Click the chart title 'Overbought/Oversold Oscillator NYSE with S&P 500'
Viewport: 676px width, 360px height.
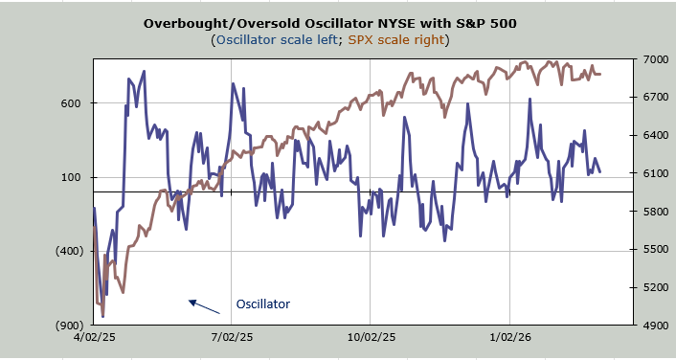click(x=329, y=23)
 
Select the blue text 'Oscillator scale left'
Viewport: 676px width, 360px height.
click(x=277, y=40)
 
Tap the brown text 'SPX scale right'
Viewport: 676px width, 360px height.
click(x=396, y=40)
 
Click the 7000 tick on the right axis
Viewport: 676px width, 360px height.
click(x=653, y=59)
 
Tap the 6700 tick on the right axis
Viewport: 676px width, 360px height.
click(x=653, y=98)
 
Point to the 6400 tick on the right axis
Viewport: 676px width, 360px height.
click(x=653, y=135)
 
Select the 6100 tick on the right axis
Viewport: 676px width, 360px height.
click(x=653, y=173)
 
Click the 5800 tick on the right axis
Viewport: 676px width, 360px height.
click(x=653, y=212)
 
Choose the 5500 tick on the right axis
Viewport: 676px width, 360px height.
click(x=653, y=249)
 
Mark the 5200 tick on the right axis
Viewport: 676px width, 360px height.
click(x=653, y=287)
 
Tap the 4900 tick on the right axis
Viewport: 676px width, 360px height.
click(x=653, y=326)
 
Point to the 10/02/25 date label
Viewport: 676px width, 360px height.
click(x=370, y=337)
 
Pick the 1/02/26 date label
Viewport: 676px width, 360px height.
click(x=509, y=337)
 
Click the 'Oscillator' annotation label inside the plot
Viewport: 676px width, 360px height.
click(x=263, y=304)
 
